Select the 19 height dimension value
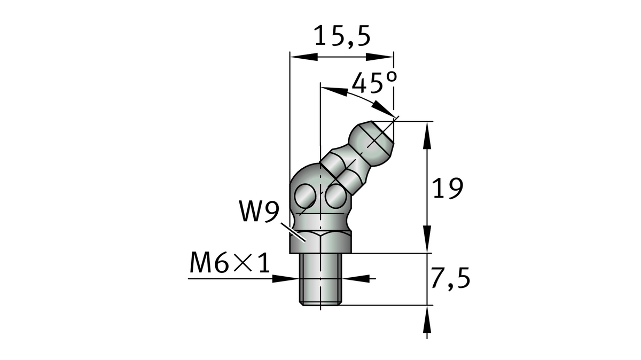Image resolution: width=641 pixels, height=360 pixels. point(447,189)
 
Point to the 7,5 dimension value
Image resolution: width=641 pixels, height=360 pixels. point(450,278)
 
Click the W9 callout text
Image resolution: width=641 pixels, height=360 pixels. point(258,213)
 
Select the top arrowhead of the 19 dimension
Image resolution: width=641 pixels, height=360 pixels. point(427,131)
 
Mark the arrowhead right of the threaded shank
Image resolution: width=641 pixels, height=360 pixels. point(357,278)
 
